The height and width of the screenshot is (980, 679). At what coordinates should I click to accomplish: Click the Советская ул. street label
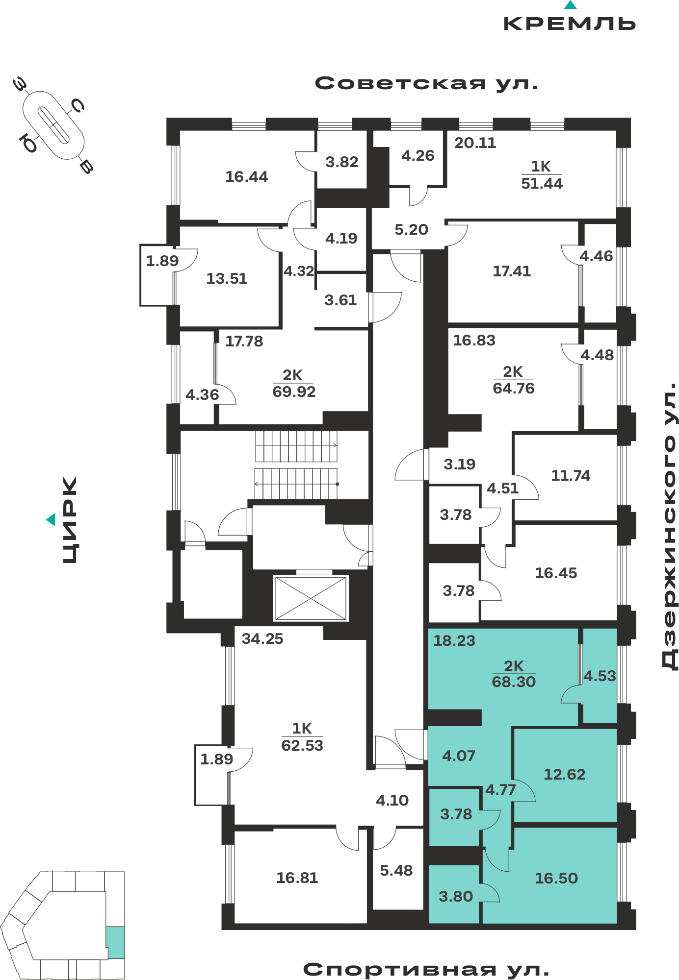(x=426, y=83)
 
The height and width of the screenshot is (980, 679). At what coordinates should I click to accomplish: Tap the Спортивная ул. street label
(x=426, y=969)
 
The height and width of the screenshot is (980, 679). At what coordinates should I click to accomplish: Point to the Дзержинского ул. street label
(x=669, y=526)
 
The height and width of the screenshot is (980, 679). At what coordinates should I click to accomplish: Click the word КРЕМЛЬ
(x=570, y=24)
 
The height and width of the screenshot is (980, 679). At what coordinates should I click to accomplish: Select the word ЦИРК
(x=70, y=520)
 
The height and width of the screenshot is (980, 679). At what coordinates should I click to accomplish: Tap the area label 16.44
(x=246, y=176)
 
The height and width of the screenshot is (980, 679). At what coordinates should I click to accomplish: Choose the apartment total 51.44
(x=542, y=184)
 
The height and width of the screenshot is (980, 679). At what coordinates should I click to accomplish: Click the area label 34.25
(x=262, y=638)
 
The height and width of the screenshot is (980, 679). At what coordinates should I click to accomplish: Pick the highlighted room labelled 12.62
(x=565, y=774)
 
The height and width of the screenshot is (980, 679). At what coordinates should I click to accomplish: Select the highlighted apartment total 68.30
(x=514, y=682)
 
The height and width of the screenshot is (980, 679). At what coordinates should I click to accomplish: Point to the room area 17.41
(x=512, y=271)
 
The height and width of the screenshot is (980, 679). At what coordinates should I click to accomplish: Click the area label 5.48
(x=396, y=870)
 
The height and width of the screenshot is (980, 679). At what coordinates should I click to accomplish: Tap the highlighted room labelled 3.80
(x=456, y=896)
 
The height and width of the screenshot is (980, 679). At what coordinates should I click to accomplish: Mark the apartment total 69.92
(x=294, y=392)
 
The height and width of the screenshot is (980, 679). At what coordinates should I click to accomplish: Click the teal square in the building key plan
(x=116, y=942)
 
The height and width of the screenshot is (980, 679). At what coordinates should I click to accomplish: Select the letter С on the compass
(x=78, y=105)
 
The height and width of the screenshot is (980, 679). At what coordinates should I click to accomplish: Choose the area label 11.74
(x=571, y=475)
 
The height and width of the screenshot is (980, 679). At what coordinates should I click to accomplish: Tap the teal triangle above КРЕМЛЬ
(x=570, y=5)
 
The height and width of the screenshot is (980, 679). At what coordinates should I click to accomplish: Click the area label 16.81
(x=297, y=878)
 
